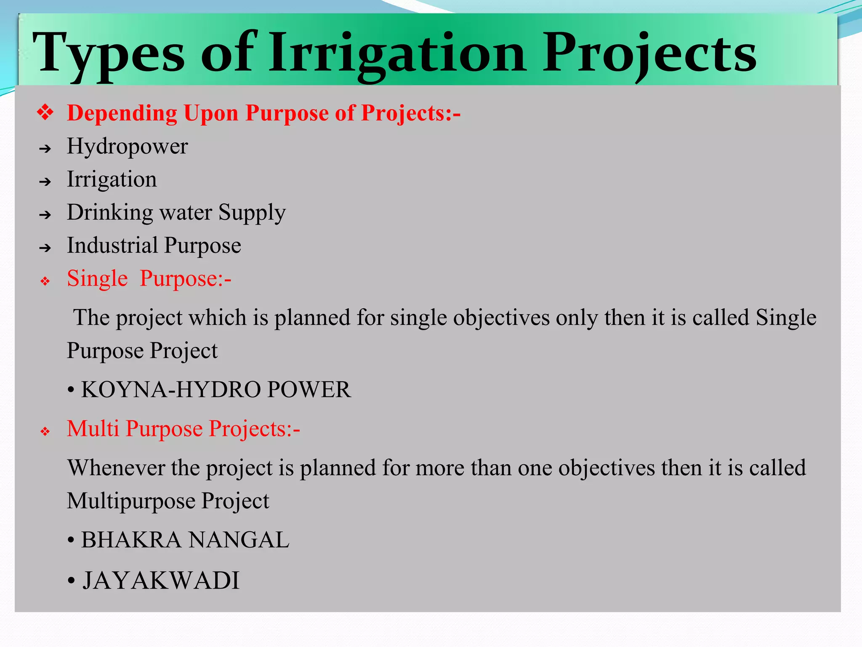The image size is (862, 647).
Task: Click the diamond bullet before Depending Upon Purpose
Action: tap(45, 113)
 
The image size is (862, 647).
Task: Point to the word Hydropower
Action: tap(127, 147)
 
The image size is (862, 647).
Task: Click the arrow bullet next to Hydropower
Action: tap(45, 149)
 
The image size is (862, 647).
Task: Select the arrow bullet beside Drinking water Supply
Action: tap(45, 215)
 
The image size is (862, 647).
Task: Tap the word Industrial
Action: tap(112, 245)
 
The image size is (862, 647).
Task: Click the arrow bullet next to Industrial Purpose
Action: tap(45, 248)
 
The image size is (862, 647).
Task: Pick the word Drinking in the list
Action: tap(110, 212)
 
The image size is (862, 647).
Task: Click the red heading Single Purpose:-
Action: tap(149, 279)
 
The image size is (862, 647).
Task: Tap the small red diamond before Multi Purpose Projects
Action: tap(45, 431)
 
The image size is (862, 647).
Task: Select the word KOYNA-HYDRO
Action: tap(171, 389)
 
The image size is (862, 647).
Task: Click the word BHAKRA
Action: tap(131, 540)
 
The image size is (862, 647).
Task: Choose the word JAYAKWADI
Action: tap(161, 580)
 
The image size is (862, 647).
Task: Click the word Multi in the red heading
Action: tap(93, 429)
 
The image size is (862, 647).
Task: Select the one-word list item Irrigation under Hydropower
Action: tap(112, 179)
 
